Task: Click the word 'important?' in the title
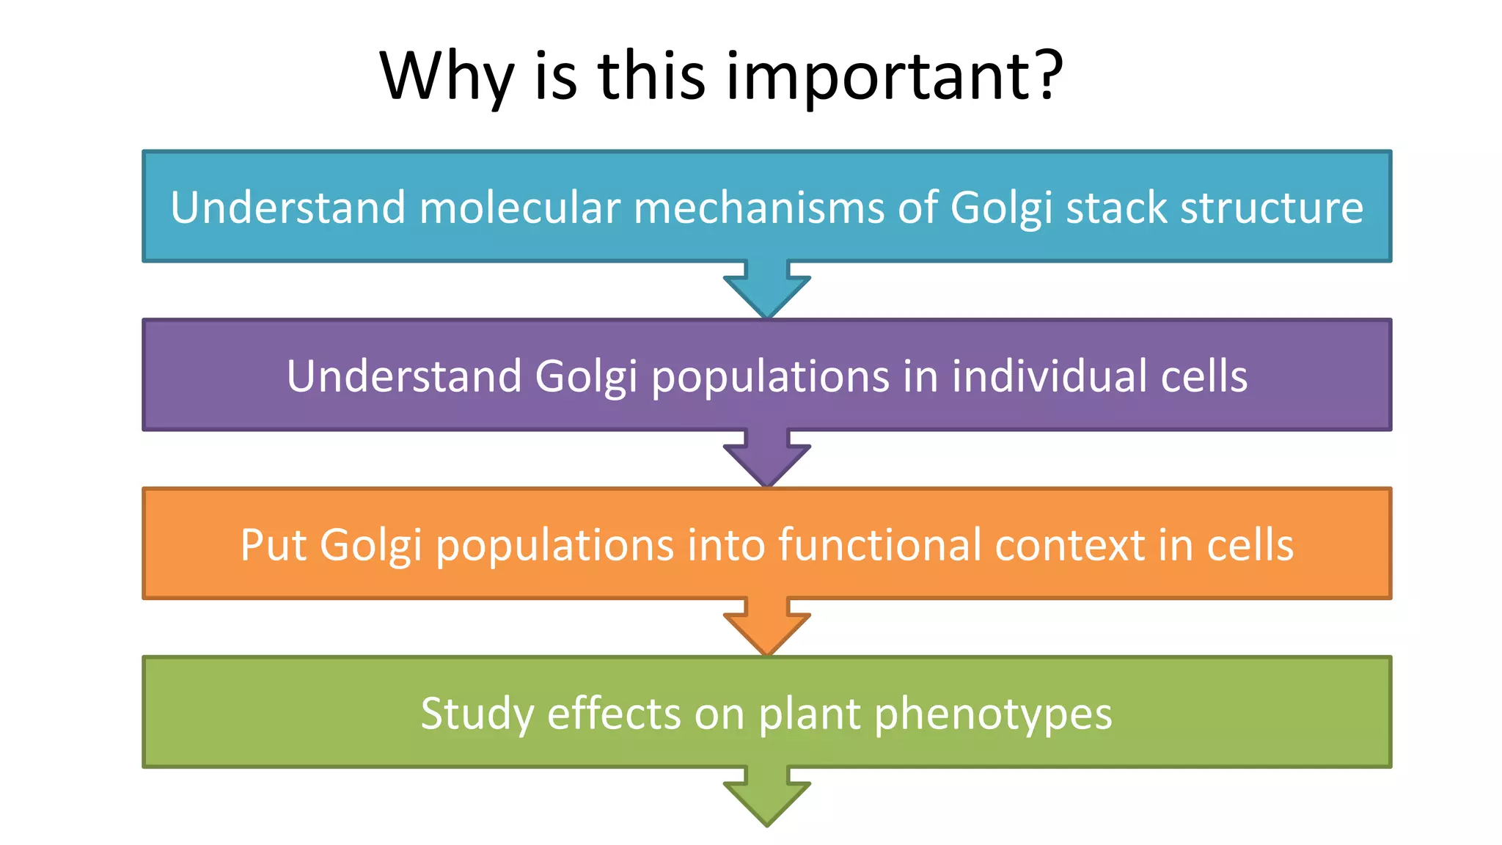[x=894, y=76]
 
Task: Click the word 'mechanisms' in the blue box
[x=759, y=208]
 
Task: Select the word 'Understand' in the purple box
[x=403, y=376]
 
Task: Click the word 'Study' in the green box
[x=477, y=714]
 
